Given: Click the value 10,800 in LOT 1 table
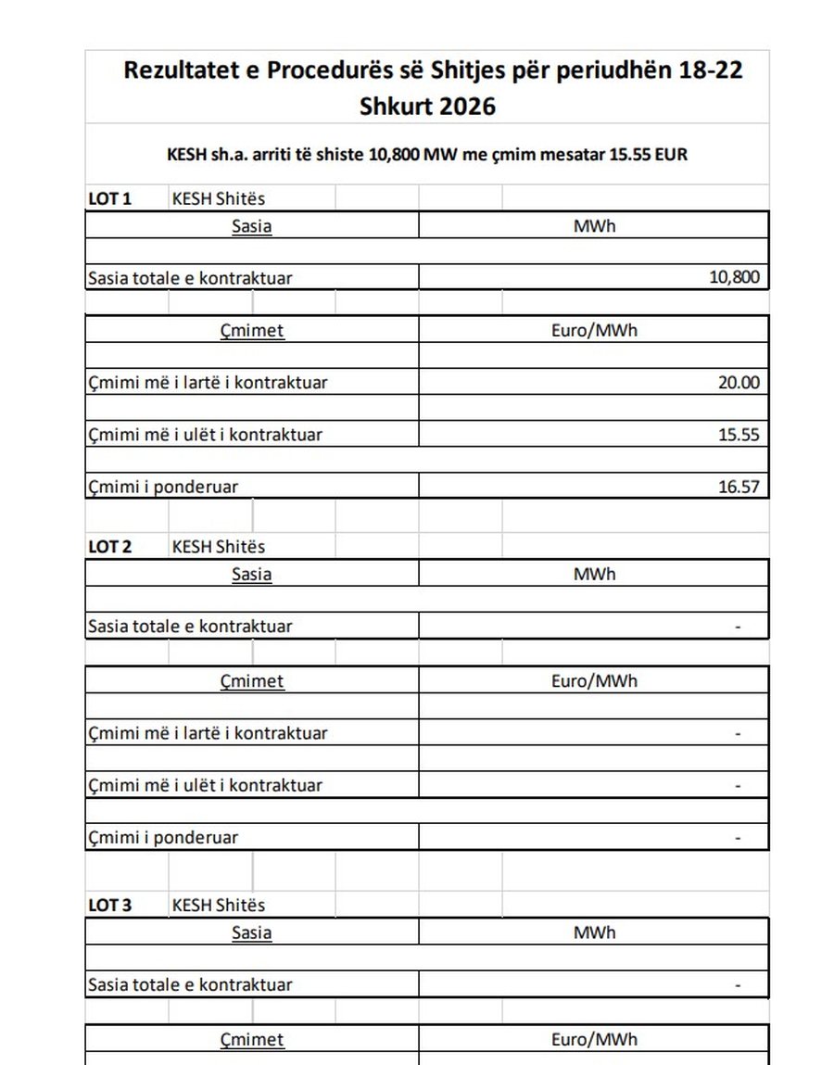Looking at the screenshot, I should (x=734, y=277).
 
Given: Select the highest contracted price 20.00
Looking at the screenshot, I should (x=739, y=382).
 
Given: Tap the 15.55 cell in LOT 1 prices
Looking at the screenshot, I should (x=739, y=434).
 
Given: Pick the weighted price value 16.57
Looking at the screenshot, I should (x=739, y=486).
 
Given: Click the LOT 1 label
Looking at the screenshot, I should (x=109, y=198).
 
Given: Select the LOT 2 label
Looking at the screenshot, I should (x=109, y=547).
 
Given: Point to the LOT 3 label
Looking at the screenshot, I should (x=109, y=905).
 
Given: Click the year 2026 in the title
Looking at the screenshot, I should (x=467, y=106).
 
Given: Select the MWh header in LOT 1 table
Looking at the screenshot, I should (x=594, y=225).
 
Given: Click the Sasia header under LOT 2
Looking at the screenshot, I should (x=251, y=574).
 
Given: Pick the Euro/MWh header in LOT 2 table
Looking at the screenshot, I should (x=594, y=680).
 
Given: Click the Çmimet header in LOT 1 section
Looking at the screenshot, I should (x=252, y=330).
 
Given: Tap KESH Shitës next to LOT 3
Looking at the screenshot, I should (x=218, y=905).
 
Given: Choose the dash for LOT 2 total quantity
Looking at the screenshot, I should (x=738, y=627).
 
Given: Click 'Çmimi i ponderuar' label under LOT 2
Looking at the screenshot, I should (x=162, y=837).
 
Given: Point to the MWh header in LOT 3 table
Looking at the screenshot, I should (x=594, y=932).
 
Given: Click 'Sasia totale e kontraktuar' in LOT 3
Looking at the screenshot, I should (x=189, y=984).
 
